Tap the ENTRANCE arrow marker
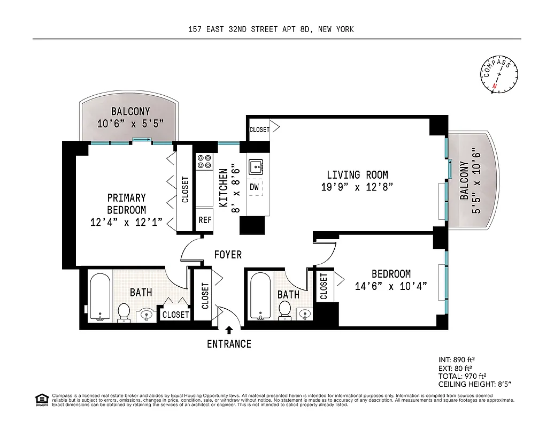(x=229, y=331)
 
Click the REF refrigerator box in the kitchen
(x=205, y=220)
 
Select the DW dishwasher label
(x=255, y=187)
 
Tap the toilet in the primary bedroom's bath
(x=124, y=312)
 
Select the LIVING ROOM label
(x=357, y=175)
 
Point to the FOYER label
(x=228, y=255)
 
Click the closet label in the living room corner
(x=259, y=129)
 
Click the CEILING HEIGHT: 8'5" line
(x=475, y=384)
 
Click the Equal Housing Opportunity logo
(x=41, y=400)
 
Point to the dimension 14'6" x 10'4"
(x=391, y=286)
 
